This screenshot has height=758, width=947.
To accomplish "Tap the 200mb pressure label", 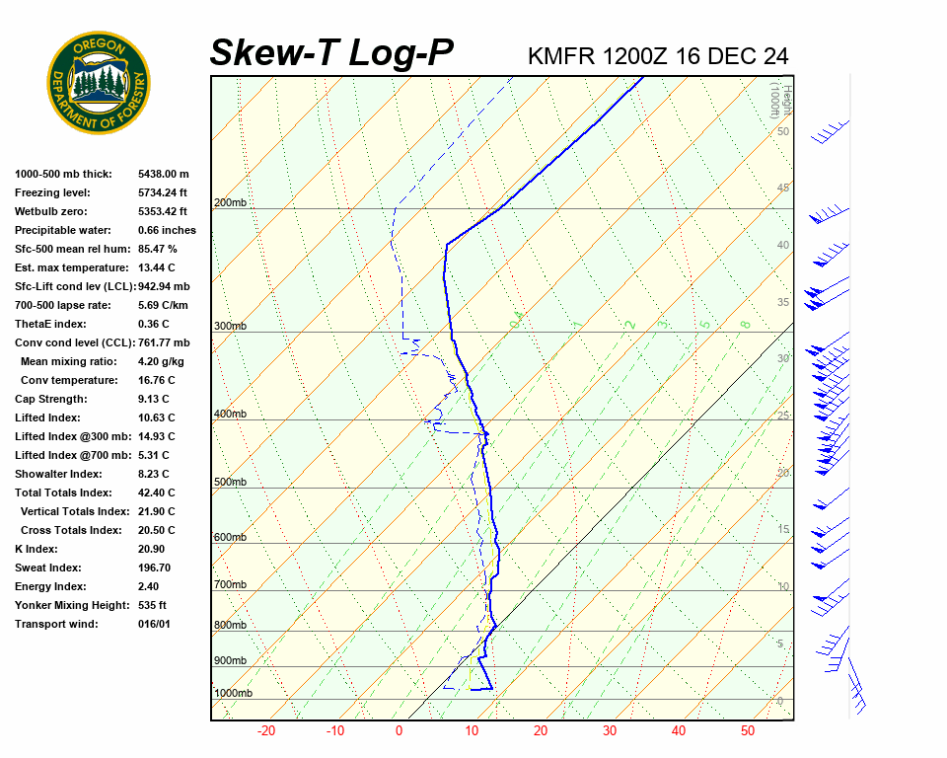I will (x=230, y=203).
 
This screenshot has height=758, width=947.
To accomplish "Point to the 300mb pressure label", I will (x=230, y=326).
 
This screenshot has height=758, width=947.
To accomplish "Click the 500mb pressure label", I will (x=230, y=483).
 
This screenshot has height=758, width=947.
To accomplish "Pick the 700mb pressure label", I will (x=230, y=585).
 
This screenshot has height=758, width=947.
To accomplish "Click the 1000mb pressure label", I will (x=233, y=694).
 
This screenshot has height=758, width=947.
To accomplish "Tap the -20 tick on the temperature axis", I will (x=265, y=731).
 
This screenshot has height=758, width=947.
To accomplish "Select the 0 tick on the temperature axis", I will (x=399, y=731).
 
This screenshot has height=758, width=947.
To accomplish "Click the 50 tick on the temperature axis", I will (x=748, y=731).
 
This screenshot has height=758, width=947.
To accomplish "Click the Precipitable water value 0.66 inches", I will (x=167, y=230).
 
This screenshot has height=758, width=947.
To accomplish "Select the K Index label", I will (x=36, y=549).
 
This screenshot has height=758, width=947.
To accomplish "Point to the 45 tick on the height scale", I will (x=783, y=189).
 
